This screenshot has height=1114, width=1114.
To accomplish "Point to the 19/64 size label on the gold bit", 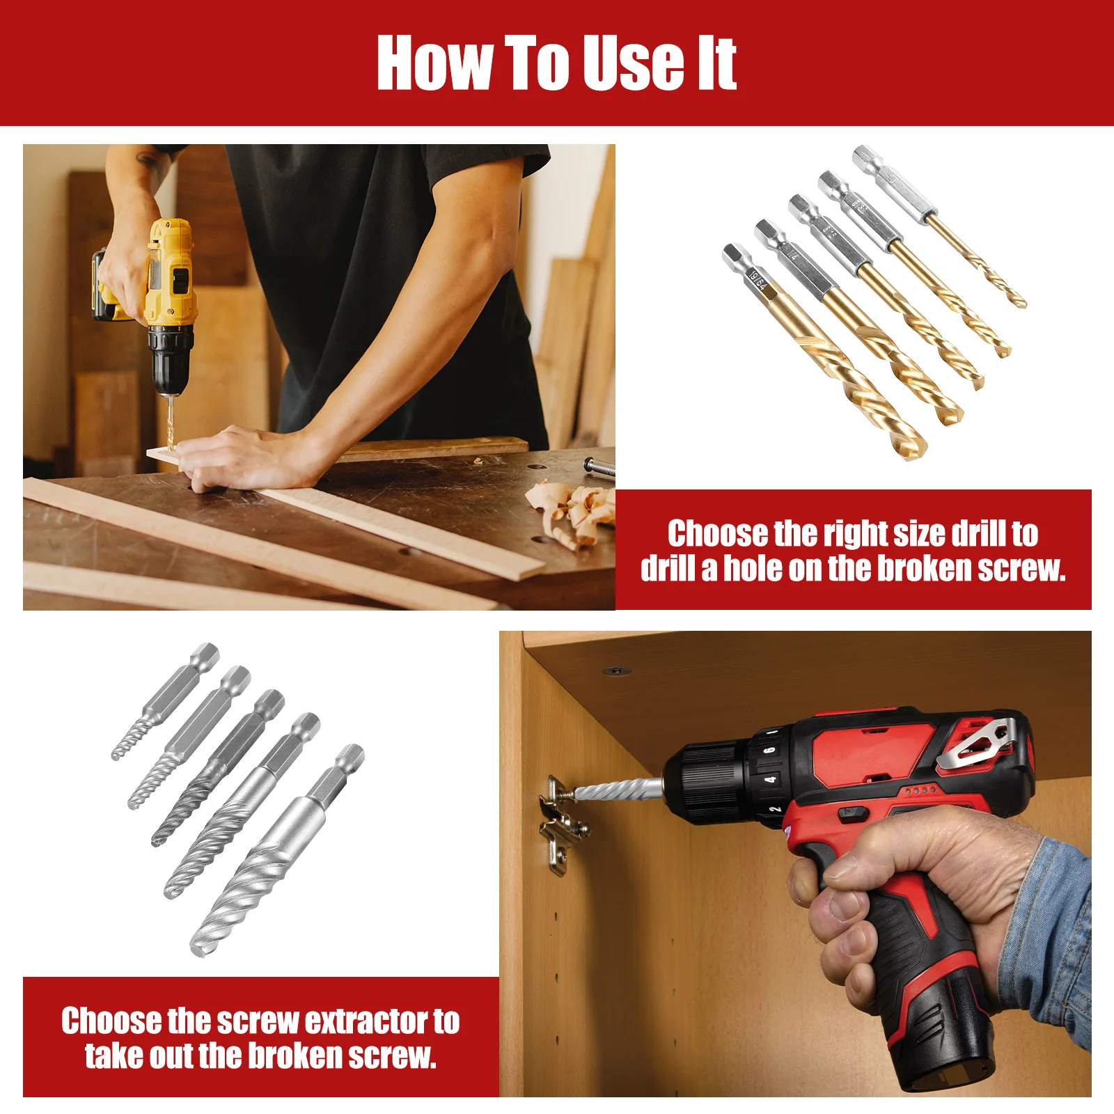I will click(x=758, y=280).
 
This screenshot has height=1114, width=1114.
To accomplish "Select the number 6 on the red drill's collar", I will click(x=769, y=750).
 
